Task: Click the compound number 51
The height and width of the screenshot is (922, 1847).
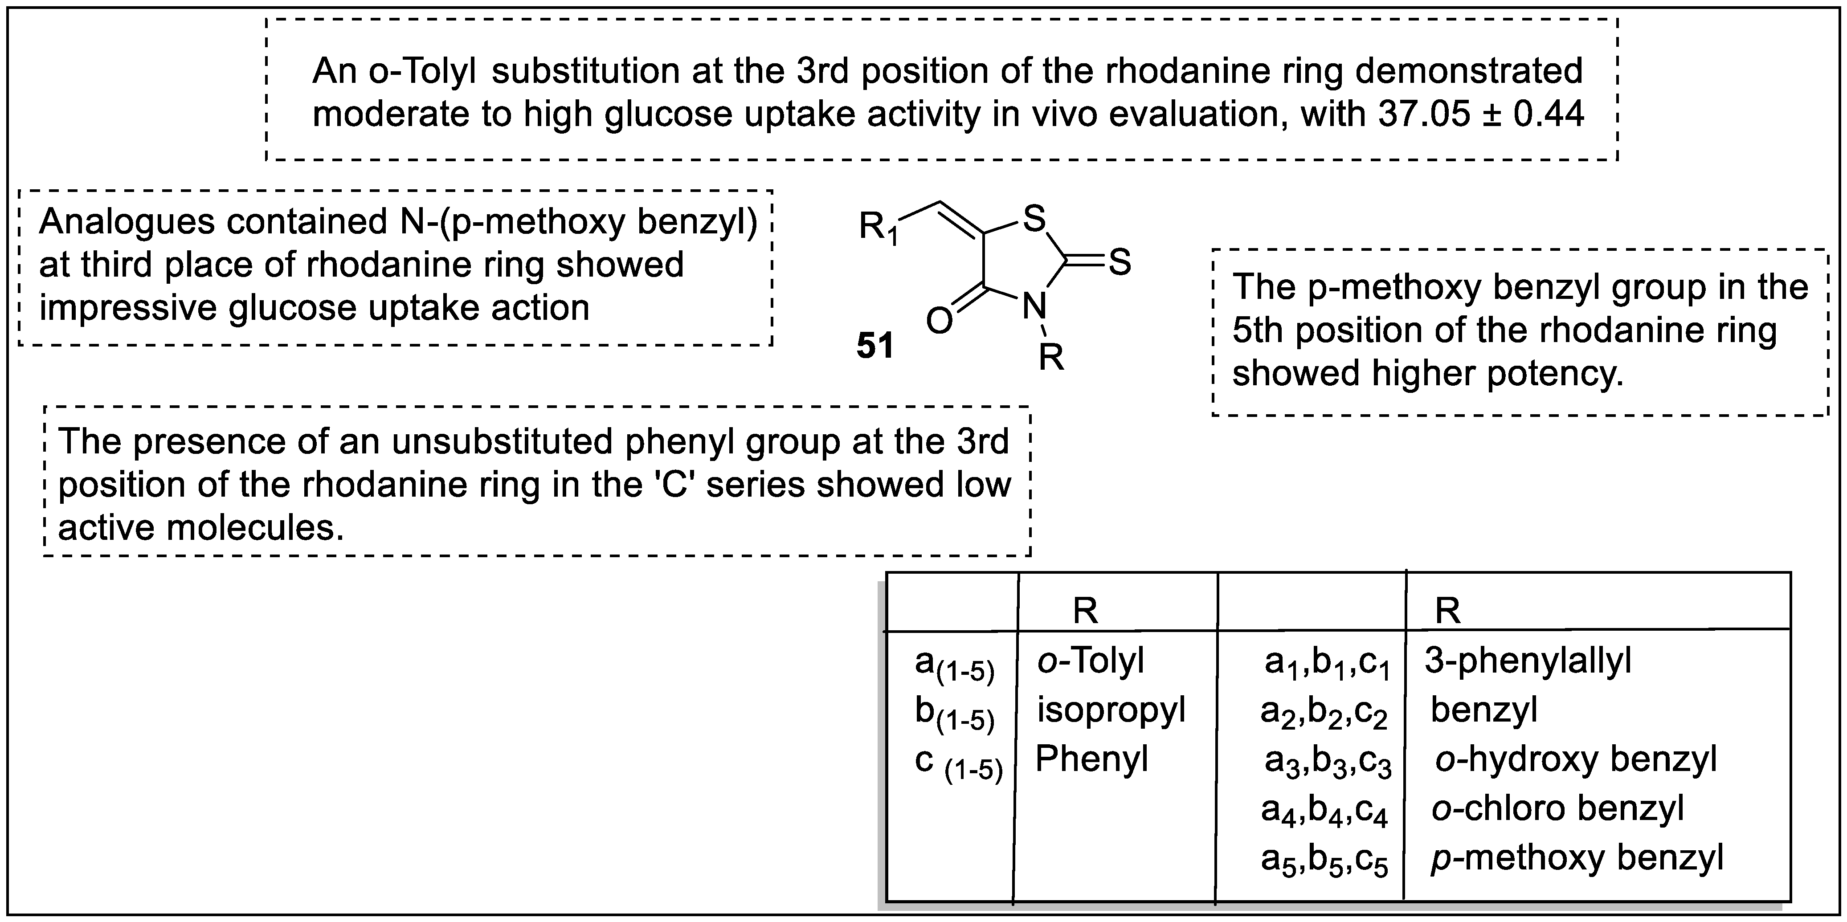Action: pyautogui.click(x=875, y=346)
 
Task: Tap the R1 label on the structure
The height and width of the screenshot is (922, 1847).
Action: pyautogui.click(x=879, y=229)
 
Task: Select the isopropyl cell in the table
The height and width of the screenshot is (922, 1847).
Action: pyautogui.click(x=1111, y=710)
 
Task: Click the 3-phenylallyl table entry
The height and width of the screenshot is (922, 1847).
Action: pyautogui.click(x=1527, y=660)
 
